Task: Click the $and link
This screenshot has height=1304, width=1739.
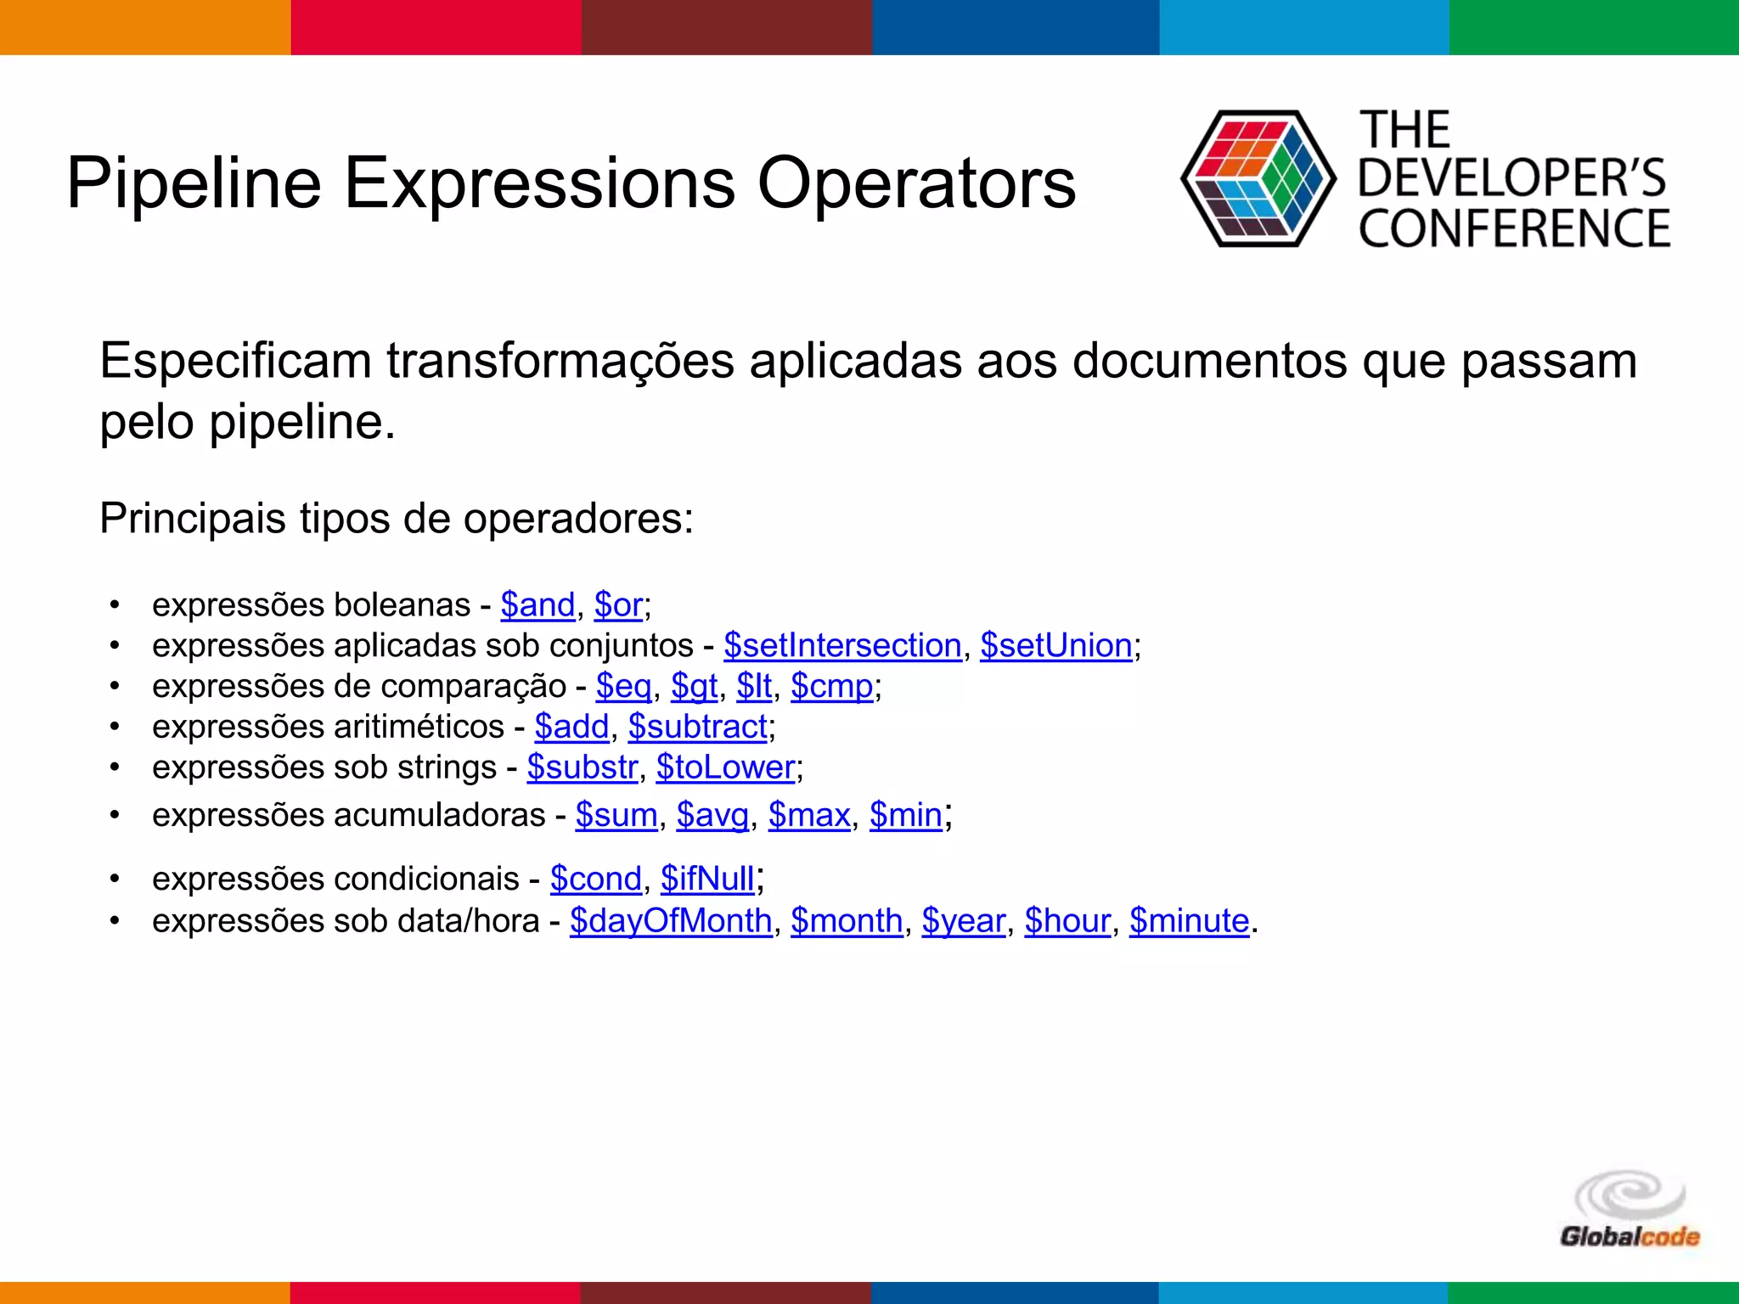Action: tap(537, 605)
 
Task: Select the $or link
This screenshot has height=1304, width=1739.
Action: tap(618, 605)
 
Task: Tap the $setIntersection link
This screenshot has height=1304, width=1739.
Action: tap(842, 646)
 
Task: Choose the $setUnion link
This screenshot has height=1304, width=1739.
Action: tap(1056, 646)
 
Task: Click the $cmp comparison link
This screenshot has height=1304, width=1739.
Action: tap(831, 687)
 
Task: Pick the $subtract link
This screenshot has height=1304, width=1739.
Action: tap(697, 728)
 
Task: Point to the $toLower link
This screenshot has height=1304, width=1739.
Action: tap(725, 768)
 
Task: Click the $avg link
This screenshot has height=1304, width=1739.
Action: tap(712, 816)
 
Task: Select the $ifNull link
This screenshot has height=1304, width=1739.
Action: tap(707, 880)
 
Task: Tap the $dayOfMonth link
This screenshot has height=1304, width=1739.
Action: tap(671, 921)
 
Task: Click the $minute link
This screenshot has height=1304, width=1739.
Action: tap(1189, 921)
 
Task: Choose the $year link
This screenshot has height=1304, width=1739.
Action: tap(964, 921)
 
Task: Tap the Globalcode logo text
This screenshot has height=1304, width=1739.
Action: tap(1629, 1237)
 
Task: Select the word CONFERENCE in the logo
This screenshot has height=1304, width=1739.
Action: tap(1514, 229)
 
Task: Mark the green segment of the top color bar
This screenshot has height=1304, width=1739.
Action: tap(1594, 27)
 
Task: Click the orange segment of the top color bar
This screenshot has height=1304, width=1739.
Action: tap(145, 27)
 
